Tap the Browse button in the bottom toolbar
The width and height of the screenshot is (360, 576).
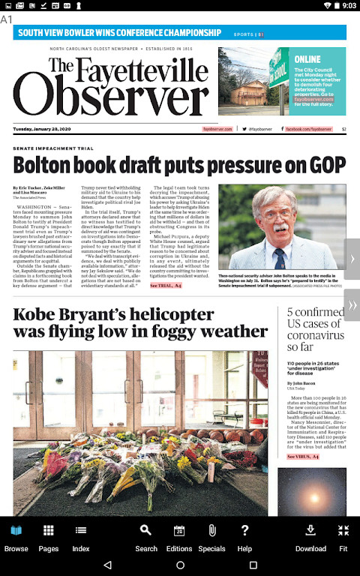point(16,537)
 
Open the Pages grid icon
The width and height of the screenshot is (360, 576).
point(49,537)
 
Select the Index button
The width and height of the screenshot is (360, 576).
point(80,537)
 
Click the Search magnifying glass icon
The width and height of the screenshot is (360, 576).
point(146,537)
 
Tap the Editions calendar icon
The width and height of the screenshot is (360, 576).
point(179,537)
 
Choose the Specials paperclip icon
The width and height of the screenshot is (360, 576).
point(212,537)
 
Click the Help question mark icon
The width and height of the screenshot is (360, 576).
point(244,537)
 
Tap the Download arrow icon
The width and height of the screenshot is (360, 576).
point(310,537)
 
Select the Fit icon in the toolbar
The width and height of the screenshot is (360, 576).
point(343,537)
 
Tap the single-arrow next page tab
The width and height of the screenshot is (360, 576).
point(352,259)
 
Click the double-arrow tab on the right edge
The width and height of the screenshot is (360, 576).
point(352,305)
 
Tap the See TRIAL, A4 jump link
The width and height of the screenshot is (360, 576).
point(166,285)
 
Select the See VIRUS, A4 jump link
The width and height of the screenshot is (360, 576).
point(303,456)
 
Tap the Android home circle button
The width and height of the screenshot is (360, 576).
point(180,565)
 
